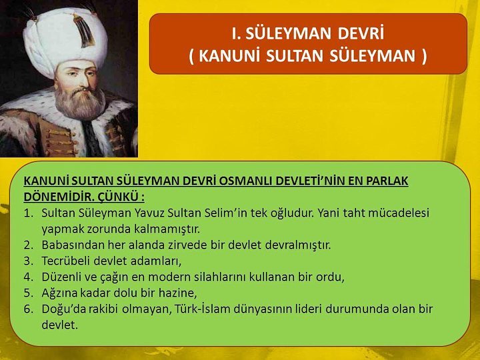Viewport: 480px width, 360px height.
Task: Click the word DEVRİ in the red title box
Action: click(361, 33)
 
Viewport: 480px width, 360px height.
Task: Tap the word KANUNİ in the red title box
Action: click(227, 56)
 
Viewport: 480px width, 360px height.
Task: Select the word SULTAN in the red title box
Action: click(295, 56)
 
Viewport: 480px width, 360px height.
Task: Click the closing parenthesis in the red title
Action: click(423, 56)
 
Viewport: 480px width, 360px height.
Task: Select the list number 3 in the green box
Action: click(28, 261)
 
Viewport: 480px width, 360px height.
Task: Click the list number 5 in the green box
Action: click(28, 293)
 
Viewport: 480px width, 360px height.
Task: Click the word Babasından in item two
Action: click(73, 245)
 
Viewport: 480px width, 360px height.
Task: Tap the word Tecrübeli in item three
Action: click(66, 261)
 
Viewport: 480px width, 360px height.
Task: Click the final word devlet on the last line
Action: click(60, 325)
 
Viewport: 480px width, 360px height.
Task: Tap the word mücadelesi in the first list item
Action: click(399, 213)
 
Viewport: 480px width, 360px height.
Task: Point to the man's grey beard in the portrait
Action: click(80, 101)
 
